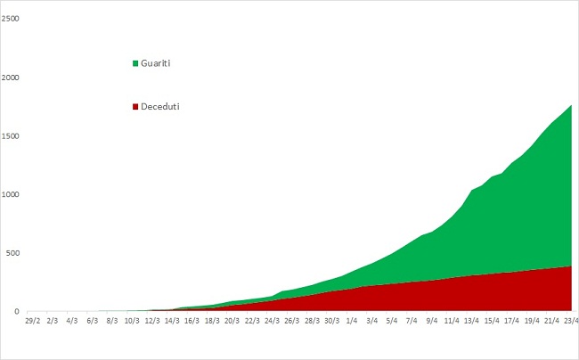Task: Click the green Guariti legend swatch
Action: (135, 63)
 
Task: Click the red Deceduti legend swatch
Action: (135, 107)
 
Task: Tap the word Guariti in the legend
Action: (156, 63)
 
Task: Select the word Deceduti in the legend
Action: (159, 106)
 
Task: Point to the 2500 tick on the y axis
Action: (10, 19)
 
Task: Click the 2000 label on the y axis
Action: (10, 78)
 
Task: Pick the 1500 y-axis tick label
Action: (10, 136)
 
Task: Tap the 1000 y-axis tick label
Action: (10, 194)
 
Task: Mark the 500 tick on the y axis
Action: (12, 253)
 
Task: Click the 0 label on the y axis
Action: (17, 312)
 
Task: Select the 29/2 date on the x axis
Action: (32, 321)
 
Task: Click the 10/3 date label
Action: (132, 321)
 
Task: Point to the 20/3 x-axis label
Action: (232, 321)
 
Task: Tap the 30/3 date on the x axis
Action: (331, 321)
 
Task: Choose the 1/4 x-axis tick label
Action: (352, 321)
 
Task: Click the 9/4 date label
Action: (432, 321)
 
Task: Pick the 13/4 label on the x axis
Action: (471, 321)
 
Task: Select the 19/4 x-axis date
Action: (532, 321)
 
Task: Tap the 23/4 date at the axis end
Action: (572, 321)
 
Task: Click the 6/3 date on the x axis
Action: (93, 321)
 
